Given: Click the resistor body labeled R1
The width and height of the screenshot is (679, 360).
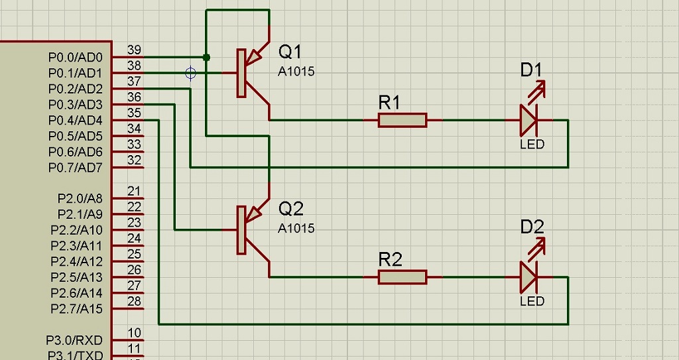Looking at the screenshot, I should click(402, 120).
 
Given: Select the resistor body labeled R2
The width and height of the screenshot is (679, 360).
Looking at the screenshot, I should click(402, 277).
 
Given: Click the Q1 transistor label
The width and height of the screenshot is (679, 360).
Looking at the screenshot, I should click(290, 52).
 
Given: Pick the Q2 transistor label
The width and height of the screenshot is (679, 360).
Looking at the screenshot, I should click(290, 209).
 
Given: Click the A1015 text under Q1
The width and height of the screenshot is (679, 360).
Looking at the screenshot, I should click(296, 72).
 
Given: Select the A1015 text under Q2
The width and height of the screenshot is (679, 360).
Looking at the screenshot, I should click(296, 228).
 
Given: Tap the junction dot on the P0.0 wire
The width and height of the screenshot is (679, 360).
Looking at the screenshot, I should click(207, 57).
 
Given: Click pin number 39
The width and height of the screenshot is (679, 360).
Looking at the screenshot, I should click(134, 50).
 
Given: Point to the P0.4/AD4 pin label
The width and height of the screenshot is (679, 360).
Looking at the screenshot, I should click(76, 121).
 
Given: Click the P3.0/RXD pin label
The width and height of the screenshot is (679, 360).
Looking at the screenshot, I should click(74, 340).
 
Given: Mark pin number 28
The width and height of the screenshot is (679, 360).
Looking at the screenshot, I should click(134, 302).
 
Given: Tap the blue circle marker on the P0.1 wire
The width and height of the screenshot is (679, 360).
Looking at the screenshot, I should click(191, 73).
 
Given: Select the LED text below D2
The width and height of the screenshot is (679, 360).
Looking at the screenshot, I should click(532, 301).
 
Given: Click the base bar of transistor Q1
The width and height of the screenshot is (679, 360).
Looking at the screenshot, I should click(241, 73).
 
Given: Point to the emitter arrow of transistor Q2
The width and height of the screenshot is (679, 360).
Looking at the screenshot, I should click(255, 212).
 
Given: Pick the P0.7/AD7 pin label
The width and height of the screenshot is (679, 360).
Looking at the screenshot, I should click(76, 168).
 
